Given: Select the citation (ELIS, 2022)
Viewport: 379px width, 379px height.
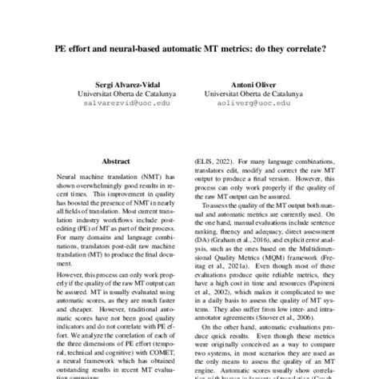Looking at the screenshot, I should click(217, 161).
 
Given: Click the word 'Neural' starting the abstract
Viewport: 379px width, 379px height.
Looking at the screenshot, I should click(68, 174).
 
